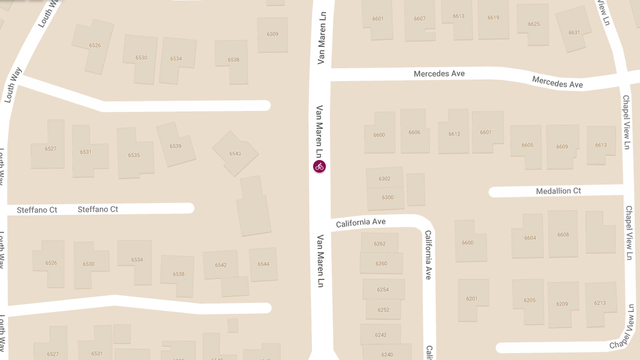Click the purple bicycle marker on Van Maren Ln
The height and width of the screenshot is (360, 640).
pyautogui.click(x=319, y=166)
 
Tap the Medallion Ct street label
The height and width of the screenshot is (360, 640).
pyautogui.click(x=558, y=191)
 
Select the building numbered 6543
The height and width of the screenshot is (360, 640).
pyautogui.click(x=235, y=154)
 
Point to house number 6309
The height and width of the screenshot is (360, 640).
pyautogui.click(x=273, y=34)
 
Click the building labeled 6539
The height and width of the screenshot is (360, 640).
pyautogui.click(x=175, y=146)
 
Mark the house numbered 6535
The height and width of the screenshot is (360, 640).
pyautogui.click(x=134, y=155)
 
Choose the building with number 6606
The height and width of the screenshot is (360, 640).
pyautogui.click(x=414, y=132)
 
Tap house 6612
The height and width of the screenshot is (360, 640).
pyautogui.click(x=454, y=134)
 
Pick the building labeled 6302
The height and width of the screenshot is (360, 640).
pyautogui.click(x=385, y=179)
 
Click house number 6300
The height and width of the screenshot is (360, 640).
pyautogui.click(x=388, y=197)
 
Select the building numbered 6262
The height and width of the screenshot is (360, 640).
pyautogui.click(x=380, y=244)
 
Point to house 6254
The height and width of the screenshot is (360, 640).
pyautogui.click(x=383, y=290)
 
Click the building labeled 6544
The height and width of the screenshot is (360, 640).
pyautogui.click(x=263, y=264)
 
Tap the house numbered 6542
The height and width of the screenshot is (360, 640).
pyautogui.click(x=221, y=265)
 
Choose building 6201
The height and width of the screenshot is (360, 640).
pyautogui.click(x=472, y=299)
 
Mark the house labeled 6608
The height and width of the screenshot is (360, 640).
pyautogui.click(x=563, y=235)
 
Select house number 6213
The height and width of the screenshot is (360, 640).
pyautogui.click(x=600, y=303)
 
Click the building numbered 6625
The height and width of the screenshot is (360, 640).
pyautogui.click(x=534, y=24)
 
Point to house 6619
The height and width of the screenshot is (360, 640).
pyautogui.click(x=493, y=18)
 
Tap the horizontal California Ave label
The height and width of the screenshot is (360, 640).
pyautogui.click(x=361, y=222)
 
